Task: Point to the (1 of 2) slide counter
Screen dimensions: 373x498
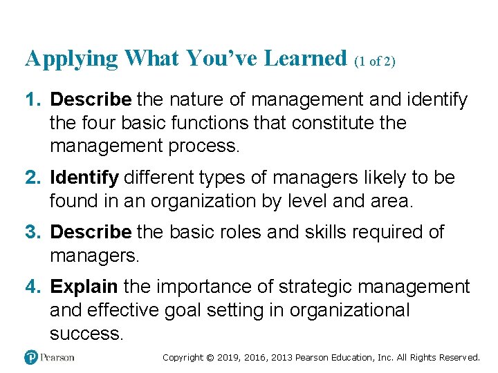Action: click(374, 61)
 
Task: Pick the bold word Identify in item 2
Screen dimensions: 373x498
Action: click(84, 178)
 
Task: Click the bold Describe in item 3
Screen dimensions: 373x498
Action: click(91, 232)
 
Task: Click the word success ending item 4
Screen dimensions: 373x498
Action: click(86, 334)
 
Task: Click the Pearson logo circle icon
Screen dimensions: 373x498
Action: click(30, 357)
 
